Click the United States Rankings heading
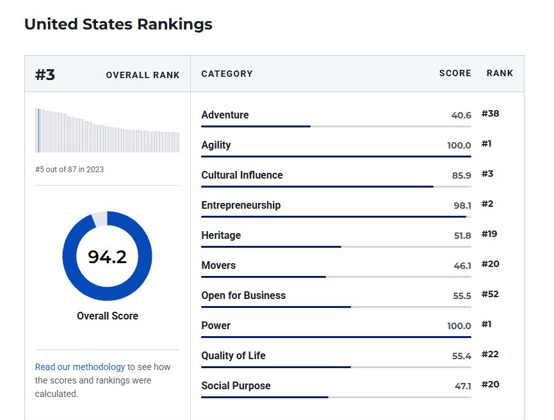[118, 24]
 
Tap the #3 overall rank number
[45, 74]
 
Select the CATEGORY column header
[227, 74]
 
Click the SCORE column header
[455, 74]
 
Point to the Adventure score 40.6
[461, 115]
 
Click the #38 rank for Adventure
[490, 114]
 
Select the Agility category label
[216, 145]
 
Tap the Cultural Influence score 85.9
[461, 175]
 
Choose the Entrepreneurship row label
[241, 205]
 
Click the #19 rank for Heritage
[489, 234]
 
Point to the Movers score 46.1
[462, 266]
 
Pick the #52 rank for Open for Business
[490, 295]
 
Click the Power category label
[216, 325]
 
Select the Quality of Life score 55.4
[461, 356]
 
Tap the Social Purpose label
[236, 385]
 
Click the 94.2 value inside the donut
[107, 257]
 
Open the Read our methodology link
[80, 367]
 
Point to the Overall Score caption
[108, 316]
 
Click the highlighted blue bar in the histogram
[38, 130]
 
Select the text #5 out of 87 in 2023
[69, 170]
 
